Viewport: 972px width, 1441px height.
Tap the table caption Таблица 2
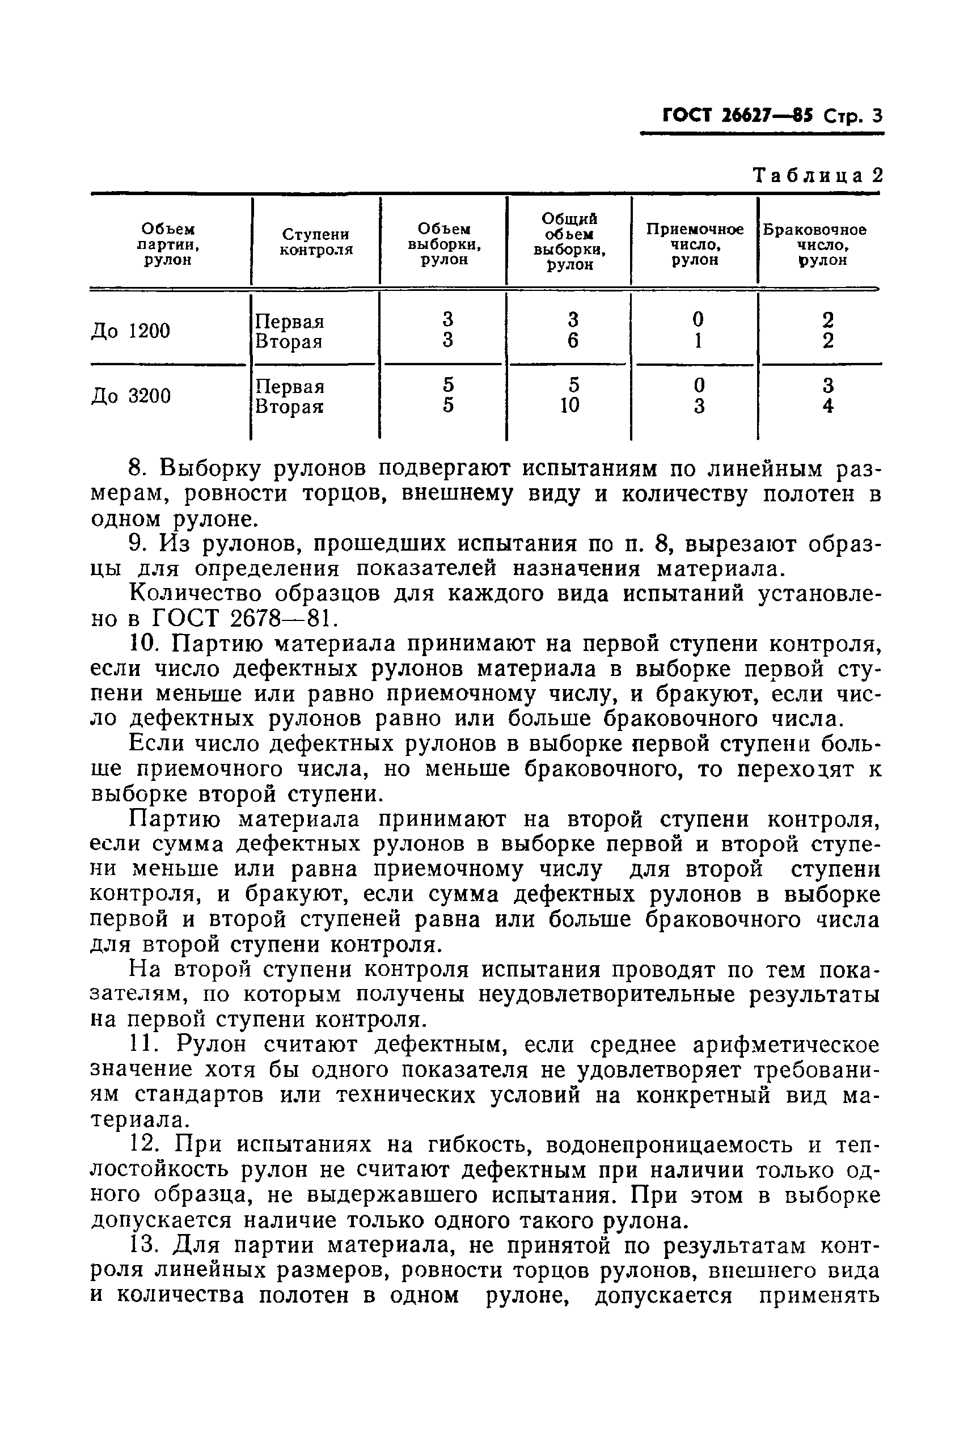click(817, 175)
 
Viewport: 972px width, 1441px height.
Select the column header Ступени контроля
click(315, 242)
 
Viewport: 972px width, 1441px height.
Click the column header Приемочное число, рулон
click(694, 244)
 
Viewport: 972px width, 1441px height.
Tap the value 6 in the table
click(572, 341)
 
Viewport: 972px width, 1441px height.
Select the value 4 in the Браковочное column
click(827, 406)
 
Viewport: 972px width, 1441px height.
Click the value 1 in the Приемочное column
click(699, 341)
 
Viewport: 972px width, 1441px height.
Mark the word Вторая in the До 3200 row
click(289, 407)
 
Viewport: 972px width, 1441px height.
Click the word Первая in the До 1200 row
click(289, 322)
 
